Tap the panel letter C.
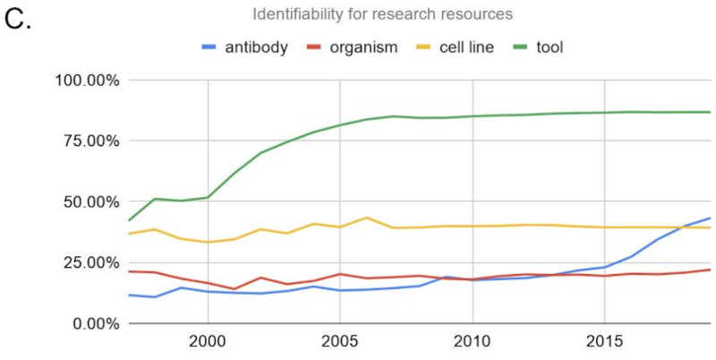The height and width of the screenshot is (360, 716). coord(19,19)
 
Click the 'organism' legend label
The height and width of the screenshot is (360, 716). coord(364,47)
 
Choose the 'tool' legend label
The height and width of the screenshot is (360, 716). coord(548,47)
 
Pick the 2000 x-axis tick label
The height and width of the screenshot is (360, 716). coord(208,343)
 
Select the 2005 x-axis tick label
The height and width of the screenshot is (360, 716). coord(340,343)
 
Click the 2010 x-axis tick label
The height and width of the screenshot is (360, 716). coord(473,343)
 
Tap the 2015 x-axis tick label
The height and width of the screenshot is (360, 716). coord(605,343)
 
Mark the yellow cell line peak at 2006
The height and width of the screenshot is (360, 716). coord(366,218)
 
